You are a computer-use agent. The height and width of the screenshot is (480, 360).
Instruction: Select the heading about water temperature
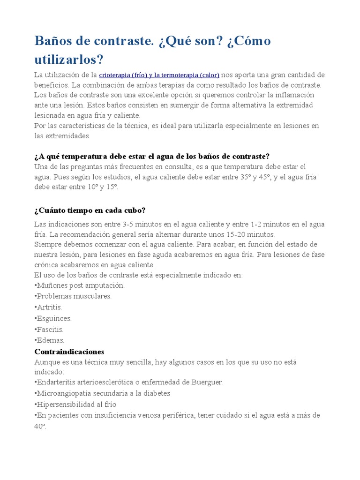click(x=152, y=156)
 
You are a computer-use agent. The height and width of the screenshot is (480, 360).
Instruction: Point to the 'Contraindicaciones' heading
click(x=69, y=352)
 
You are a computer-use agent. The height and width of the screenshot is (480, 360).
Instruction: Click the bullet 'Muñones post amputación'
click(x=80, y=285)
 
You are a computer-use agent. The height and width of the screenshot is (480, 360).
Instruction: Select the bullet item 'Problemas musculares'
click(x=73, y=296)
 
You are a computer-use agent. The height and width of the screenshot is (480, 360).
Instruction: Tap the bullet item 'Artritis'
click(x=48, y=307)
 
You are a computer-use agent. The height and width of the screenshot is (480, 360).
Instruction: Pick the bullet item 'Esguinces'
click(x=53, y=318)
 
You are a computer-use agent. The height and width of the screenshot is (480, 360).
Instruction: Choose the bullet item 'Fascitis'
click(x=49, y=330)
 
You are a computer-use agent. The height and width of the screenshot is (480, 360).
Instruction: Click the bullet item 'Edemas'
click(x=50, y=340)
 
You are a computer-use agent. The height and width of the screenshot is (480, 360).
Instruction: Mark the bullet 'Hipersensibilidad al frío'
click(x=75, y=405)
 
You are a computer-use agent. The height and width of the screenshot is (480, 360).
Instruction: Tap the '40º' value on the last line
click(x=40, y=426)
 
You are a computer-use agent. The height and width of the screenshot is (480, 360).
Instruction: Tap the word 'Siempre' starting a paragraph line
click(x=48, y=245)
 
